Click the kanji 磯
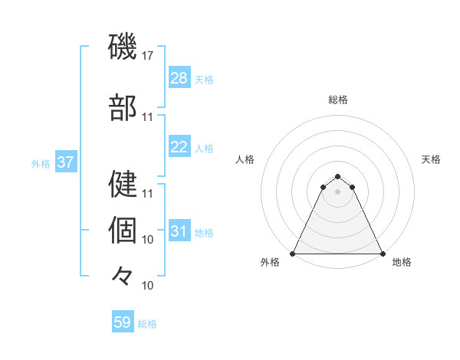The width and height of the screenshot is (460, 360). pyautogui.click(x=123, y=47)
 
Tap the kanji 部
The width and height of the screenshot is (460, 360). pyautogui.click(x=123, y=108)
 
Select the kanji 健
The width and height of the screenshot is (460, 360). pyautogui.click(x=123, y=184)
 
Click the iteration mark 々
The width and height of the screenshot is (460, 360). pyautogui.click(x=123, y=275)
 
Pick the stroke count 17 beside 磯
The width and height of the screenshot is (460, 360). pyautogui.click(x=148, y=56)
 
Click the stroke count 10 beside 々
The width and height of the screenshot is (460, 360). pyautogui.click(x=148, y=286)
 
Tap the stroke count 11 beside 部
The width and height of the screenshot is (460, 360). pyautogui.click(x=148, y=117)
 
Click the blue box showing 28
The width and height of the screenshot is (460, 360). pyautogui.click(x=179, y=78)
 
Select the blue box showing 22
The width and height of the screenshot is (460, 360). pyautogui.click(x=179, y=147)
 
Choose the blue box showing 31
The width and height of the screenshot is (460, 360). pyautogui.click(x=179, y=232)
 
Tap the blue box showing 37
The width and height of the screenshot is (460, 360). pyautogui.click(x=65, y=162)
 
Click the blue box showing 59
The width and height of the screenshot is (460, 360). pyautogui.click(x=123, y=322)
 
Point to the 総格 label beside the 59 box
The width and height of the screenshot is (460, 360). pyautogui.click(x=147, y=324)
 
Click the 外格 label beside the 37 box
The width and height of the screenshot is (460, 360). pyautogui.click(x=40, y=163)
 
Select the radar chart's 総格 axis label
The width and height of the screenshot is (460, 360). pyautogui.click(x=337, y=100)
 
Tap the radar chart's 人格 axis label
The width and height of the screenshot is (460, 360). pyautogui.click(x=245, y=159)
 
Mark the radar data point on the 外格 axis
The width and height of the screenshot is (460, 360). pyautogui.click(x=293, y=253)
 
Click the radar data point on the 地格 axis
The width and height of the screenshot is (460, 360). pyautogui.click(x=383, y=253)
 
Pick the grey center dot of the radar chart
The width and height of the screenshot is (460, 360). pyautogui.click(x=337, y=191)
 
